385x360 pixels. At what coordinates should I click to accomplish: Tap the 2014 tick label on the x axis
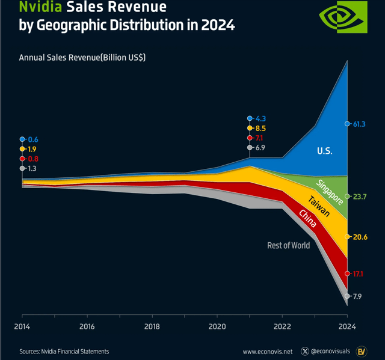[x=22, y=326]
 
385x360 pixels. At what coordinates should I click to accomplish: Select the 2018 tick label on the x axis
[x=152, y=326]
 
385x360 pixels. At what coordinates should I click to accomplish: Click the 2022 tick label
[x=282, y=326]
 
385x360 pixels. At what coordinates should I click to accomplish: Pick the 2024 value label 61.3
[x=360, y=124]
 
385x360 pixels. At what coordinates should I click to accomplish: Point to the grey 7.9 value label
[x=357, y=296]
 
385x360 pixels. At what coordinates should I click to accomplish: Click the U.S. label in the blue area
[x=324, y=151]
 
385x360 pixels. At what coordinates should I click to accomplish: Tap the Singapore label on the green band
[x=329, y=191]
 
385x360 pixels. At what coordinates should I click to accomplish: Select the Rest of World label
[x=288, y=245]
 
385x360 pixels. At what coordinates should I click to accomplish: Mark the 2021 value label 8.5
[x=260, y=128]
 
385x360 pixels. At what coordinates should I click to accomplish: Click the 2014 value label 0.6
[x=32, y=139]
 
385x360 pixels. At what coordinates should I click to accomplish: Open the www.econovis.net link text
[x=267, y=351]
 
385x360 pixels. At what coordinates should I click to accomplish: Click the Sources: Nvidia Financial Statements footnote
[x=64, y=351]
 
